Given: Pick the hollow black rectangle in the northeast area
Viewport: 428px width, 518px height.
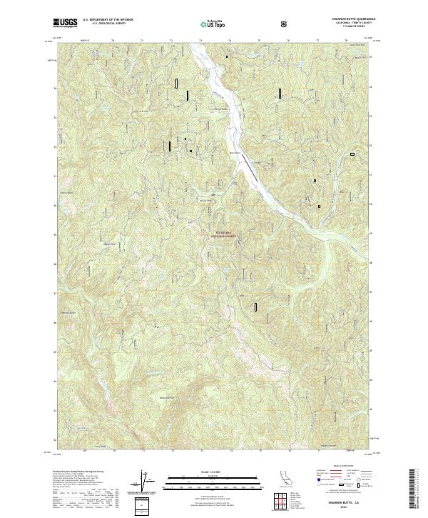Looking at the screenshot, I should [280, 92].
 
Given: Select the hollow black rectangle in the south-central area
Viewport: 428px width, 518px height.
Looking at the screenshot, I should [255, 307].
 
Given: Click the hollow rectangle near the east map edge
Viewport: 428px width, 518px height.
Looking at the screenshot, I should [352, 154].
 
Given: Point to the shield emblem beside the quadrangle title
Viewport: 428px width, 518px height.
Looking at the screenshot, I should [285, 24].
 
